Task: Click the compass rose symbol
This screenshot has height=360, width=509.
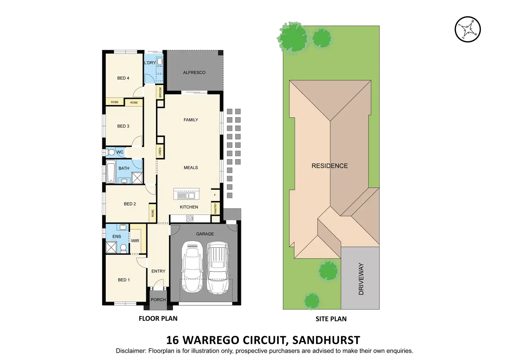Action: [x=468, y=29]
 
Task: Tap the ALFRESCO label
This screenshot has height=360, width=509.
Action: [x=194, y=73]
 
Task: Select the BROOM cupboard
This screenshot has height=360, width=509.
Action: [x=160, y=92]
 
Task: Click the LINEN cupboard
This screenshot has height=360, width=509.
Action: [x=160, y=151]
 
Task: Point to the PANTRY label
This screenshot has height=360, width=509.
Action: [x=215, y=208]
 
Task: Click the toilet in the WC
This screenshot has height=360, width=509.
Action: [x=111, y=152]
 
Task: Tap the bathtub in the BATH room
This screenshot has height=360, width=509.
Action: [x=111, y=172]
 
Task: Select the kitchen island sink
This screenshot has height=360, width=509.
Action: [x=186, y=195]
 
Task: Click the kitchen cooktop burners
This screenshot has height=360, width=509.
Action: [x=190, y=219]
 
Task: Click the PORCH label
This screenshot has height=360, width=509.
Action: [x=158, y=300]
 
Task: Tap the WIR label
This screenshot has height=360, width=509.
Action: [x=135, y=241]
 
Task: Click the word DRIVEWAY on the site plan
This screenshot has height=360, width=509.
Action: [x=361, y=279]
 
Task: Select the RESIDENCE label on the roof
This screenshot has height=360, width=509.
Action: [x=330, y=166]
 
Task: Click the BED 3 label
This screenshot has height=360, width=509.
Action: [x=123, y=126]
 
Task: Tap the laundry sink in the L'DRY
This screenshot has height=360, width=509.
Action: [x=160, y=62]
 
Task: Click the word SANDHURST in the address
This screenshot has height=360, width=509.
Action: [x=326, y=340]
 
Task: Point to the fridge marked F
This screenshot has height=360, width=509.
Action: [x=215, y=195]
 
